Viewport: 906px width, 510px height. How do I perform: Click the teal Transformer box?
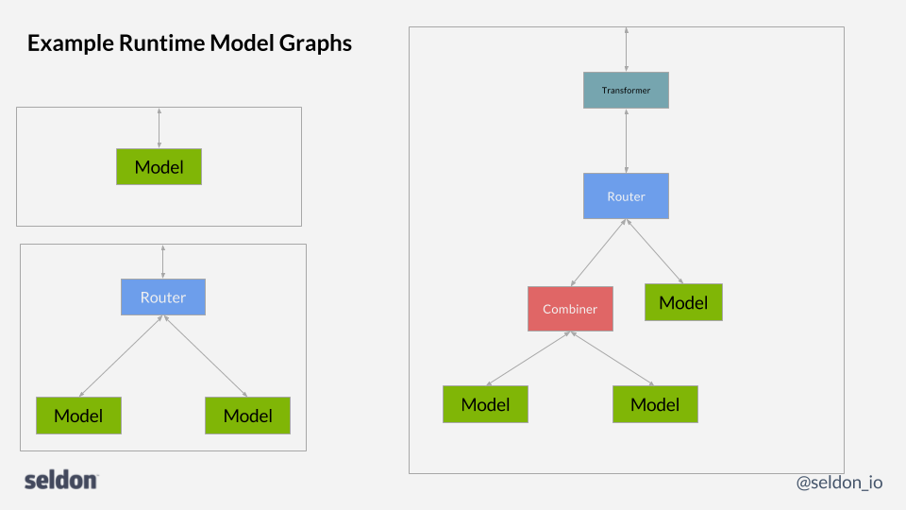(626, 91)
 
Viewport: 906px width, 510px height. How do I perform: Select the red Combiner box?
(570, 309)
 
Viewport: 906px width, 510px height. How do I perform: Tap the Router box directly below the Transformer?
(626, 196)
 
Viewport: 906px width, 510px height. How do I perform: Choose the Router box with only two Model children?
(163, 297)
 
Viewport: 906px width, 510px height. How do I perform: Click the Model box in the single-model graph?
(159, 167)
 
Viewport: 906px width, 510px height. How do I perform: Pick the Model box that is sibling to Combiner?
(683, 302)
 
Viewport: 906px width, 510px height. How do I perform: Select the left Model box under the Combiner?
(485, 404)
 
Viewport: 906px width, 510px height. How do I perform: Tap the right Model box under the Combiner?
(655, 404)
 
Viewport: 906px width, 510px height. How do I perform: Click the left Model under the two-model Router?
(78, 416)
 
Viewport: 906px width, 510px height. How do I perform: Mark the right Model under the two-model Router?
(247, 416)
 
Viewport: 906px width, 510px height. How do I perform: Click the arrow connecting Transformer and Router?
(626, 141)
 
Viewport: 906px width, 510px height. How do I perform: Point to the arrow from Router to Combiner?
(597, 253)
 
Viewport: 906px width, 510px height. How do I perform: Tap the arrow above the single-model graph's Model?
(159, 127)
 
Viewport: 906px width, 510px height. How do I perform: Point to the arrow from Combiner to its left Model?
(528, 358)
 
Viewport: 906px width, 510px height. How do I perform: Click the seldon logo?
(61, 480)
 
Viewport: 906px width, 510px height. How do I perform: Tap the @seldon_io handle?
(839, 482)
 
